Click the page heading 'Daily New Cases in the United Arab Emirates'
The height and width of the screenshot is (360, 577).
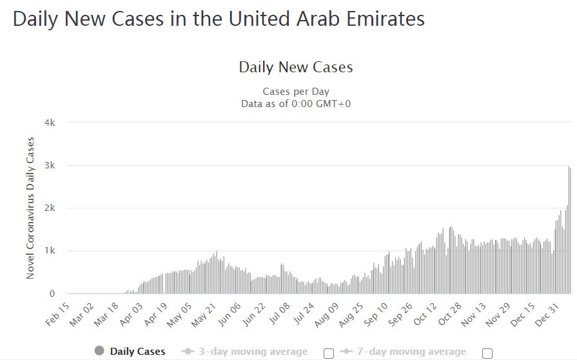coord(219,19)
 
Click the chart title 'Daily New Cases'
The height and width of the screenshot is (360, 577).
coord(296,67)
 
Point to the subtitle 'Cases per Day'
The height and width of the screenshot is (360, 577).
coord(296,92)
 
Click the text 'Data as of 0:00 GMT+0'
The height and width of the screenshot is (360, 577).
coord(296,103)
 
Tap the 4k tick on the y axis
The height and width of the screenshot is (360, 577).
coord(50,123)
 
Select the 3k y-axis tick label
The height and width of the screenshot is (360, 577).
coord(50,165)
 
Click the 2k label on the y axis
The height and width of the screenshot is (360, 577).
coord(50,208)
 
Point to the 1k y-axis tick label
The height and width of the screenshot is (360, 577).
coord(50,250)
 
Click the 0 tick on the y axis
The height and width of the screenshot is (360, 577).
coord(52,294)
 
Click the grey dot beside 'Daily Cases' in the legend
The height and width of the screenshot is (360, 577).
coord(99,352)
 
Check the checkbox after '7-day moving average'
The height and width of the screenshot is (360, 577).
coord(487,353)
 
